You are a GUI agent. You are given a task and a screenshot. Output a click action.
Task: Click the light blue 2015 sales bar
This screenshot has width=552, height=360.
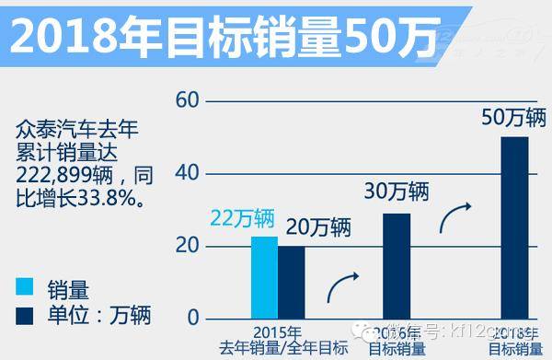(x=264, y=277)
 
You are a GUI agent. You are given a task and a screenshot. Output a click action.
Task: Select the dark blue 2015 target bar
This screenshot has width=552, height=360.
(x=291, y=282)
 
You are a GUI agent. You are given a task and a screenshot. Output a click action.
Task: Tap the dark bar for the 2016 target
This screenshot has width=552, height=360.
(x=397, y=265)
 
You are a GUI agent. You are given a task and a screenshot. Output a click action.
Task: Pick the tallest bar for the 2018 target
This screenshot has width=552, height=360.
(x=515, y=227)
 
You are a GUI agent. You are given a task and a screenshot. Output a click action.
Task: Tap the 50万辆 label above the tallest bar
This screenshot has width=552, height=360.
(x=515, y=117)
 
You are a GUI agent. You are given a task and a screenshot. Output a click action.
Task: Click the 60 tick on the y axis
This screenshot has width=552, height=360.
(x=187, y=99)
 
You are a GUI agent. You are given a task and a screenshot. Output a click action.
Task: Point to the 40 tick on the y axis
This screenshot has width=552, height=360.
(x=187, y=172)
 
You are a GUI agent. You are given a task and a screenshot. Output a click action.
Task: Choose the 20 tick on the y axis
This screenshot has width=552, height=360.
(x=187, y=246)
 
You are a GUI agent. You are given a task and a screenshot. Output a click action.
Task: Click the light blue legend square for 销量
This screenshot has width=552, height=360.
(x=29, y=286)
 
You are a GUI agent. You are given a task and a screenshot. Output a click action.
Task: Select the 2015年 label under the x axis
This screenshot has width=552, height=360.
(x=278, y=332)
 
